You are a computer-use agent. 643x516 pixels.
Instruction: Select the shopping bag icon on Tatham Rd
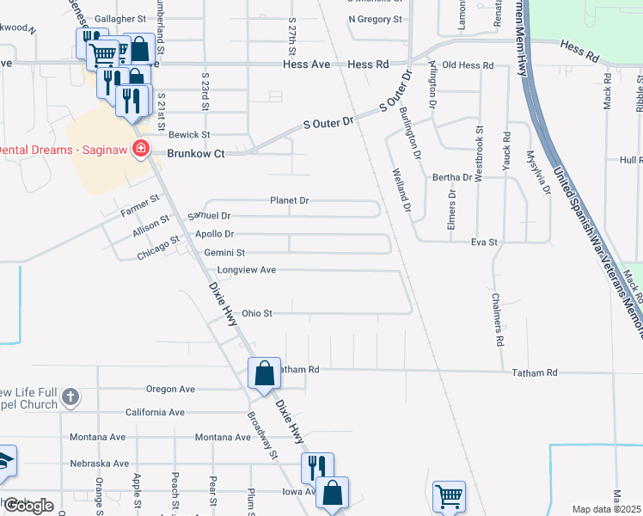[x=265, y=373]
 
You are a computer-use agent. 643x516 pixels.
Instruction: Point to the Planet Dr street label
[x=289, y=200]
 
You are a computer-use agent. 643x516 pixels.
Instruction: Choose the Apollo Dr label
[x=215, y=234]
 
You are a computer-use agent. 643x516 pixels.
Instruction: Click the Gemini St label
[x=224, y=253]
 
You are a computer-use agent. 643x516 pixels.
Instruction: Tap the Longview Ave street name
[x=246, y=270]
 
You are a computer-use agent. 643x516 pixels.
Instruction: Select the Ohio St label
[x=257, y=314]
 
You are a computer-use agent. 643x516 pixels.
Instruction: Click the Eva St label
[x=484, y=243]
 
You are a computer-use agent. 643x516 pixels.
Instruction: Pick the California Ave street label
[x=155, y=413]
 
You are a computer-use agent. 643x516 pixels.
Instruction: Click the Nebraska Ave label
[x=99, y=463]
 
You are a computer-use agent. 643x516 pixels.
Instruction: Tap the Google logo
[x=28, y=506]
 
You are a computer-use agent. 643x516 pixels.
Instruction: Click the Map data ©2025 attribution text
[x=607, y=509]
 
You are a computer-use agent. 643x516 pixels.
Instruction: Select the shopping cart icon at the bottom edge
[x=449, y=496]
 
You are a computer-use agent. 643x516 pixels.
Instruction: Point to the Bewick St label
[x=189, y=135]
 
